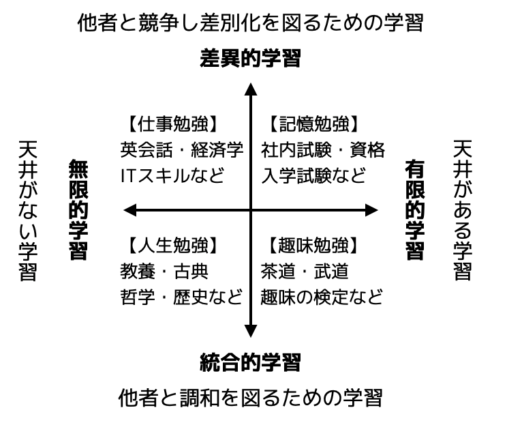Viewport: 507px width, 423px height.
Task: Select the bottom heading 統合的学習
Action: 251,361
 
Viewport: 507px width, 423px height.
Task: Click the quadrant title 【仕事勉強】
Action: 172,124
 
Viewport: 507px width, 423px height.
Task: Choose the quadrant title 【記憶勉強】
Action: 313,124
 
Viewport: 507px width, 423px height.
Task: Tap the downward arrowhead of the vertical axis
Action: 251,332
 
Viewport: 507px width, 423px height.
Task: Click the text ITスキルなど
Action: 172,175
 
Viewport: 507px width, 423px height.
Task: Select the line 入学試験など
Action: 313,175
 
